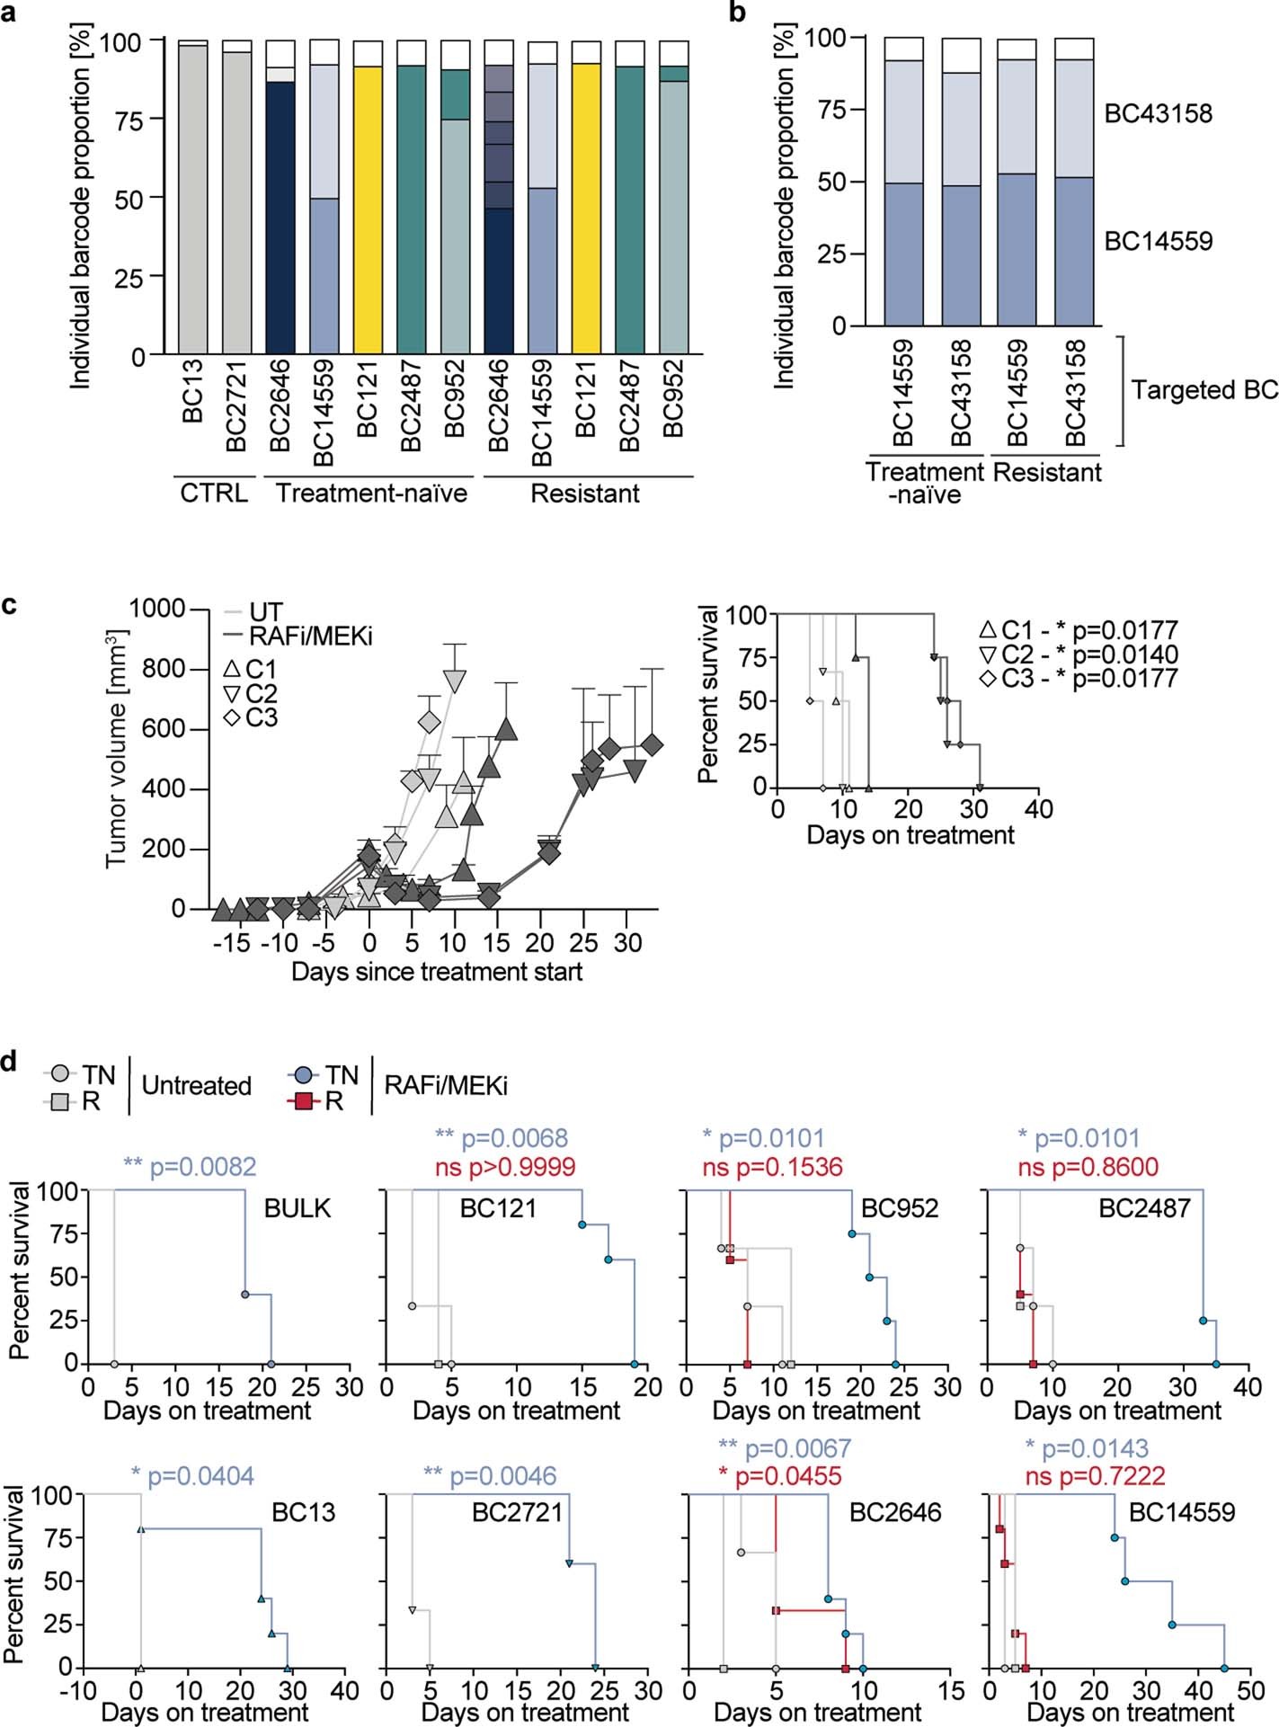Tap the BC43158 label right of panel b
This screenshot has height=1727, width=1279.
[x=1158, y=114]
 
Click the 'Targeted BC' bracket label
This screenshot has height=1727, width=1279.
[x=1204, y=390]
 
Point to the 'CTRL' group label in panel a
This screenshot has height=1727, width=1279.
[x=214, y=494]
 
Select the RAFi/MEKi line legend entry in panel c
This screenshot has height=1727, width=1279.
[x=298, y=636]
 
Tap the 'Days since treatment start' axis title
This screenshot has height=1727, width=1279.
[x=437, y=972]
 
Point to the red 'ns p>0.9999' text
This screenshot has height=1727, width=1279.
[x=505, y=1167]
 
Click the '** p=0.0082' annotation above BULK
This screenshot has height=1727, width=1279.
[x=190, y=1167]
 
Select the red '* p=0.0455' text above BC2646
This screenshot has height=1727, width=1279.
[x=780, y=1475]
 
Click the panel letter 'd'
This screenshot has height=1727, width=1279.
[x=11, y=1062]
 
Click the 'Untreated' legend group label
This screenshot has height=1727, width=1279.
[x=196, y=1086]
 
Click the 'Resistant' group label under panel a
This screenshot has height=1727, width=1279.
[x=585, y=494]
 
